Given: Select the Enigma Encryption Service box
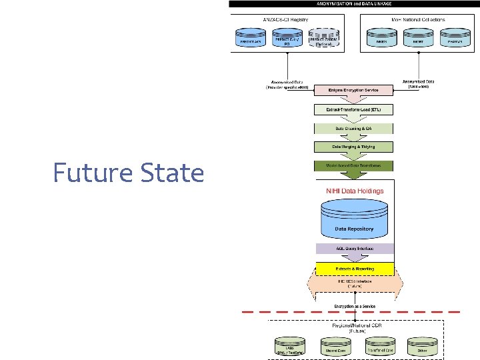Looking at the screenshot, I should [353, 90].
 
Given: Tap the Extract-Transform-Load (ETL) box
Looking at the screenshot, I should [353, 109].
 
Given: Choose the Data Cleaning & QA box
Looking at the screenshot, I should [353, 128].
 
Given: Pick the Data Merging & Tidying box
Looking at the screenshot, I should [353, 147].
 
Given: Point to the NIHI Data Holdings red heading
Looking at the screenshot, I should [354, 191].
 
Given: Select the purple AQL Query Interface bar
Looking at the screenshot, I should [354, 249].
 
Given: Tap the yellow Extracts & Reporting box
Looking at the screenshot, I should [354, 269].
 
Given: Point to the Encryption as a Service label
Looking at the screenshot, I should [354, 307].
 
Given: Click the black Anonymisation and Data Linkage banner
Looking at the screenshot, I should [354, 4].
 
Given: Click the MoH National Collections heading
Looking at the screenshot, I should [418, 19].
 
